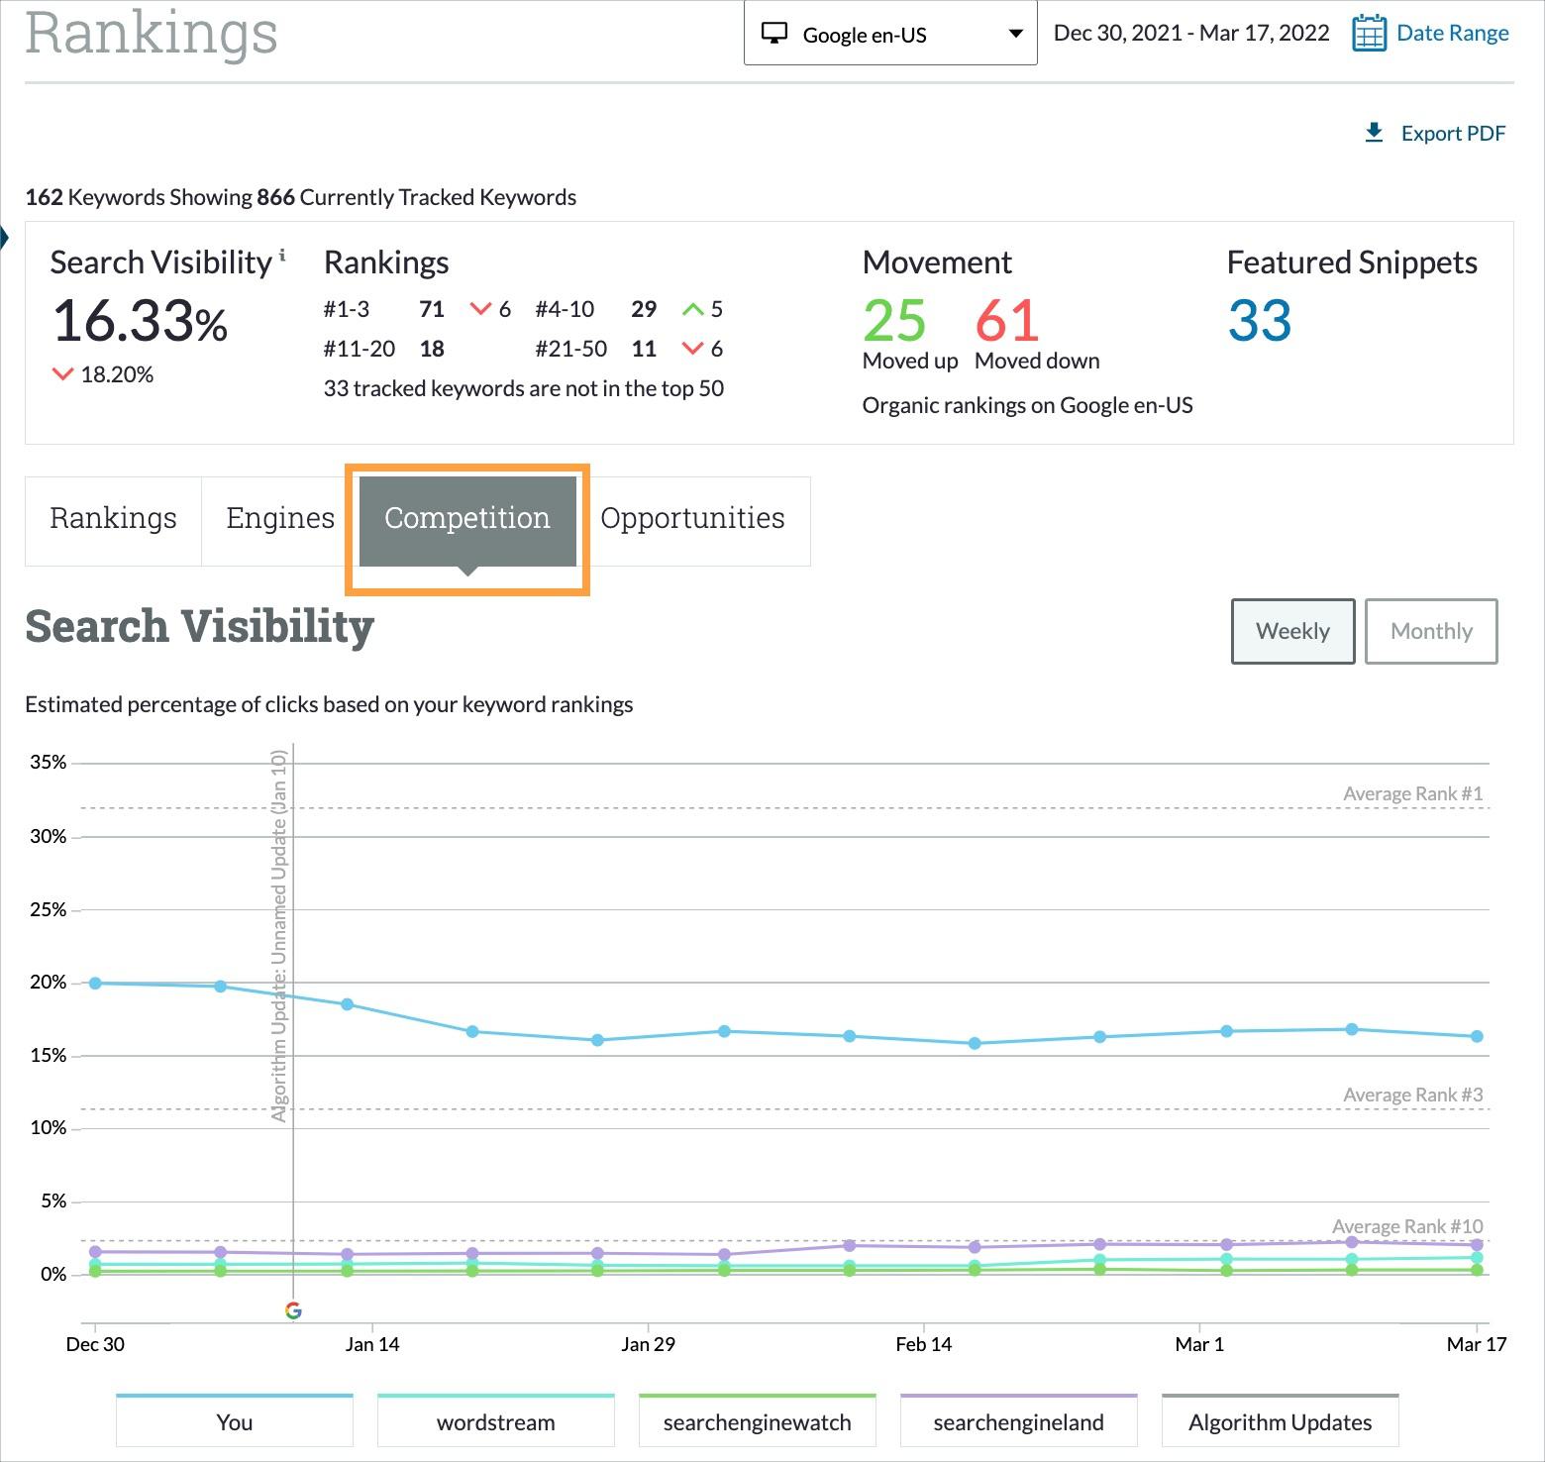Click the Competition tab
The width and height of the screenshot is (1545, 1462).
tap(466, 519)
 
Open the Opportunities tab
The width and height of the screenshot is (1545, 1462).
tap(692, 519)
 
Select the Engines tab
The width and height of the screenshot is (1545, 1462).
tap(280, 519)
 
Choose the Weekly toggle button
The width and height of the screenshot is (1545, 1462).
tap(1292, 631)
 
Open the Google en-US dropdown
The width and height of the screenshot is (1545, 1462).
tap(889, 35)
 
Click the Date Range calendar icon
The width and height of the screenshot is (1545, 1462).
tap(1369, 34)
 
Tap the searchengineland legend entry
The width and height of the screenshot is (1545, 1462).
tap(1018, 1422)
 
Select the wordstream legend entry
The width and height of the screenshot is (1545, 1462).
tap(495, 1422)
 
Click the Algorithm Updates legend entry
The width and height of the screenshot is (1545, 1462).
tap(1280, 1422)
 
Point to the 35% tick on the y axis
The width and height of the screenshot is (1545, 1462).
tap(49, 763)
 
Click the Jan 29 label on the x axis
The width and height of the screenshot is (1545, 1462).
tap(648, 1344)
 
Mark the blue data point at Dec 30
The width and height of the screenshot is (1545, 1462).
tap(95, 984)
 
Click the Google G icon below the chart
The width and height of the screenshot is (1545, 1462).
tap(293, 1310)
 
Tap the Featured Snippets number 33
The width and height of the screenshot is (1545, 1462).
tap(1260, 321)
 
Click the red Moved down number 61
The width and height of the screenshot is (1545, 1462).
tap(1007, 321)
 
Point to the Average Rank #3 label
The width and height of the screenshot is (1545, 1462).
tap(1412, 1095)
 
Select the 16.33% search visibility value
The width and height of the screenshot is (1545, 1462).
tap(140, 322)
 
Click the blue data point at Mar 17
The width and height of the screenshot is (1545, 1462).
tap(1477, 1036)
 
